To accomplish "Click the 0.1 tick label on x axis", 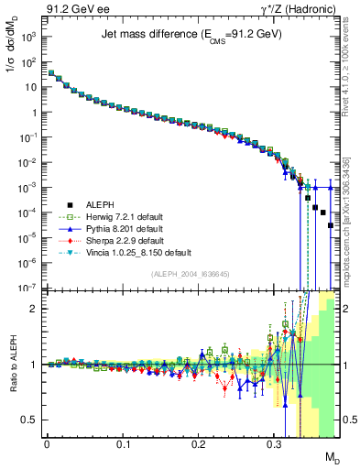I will (x=122, y=442).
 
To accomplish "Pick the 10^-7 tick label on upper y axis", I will (x=27, y=288).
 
